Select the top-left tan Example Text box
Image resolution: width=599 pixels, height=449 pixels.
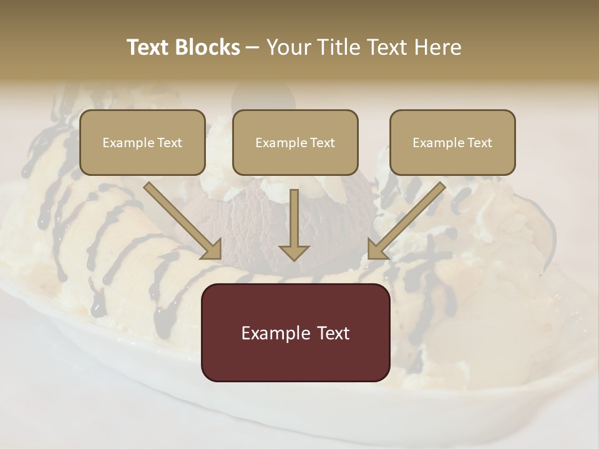point(142,142)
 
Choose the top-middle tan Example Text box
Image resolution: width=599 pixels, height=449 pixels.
point(295,142)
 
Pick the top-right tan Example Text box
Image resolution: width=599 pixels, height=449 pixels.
point(452,142)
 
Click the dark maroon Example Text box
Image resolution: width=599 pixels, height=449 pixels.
point(295,332)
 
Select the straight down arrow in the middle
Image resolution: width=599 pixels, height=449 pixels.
point(294,224)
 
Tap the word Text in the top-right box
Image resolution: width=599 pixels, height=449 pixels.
point(479,143)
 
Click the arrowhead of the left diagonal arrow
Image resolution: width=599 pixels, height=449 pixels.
point(213,249)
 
